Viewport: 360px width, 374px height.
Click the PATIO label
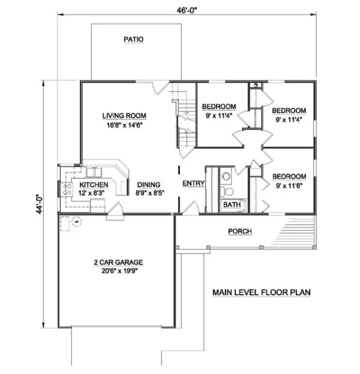tap(133, 39)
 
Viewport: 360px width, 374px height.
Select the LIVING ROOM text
tap(124, 116)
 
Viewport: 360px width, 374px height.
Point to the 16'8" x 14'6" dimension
tap(124, 126)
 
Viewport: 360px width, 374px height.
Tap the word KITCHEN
tap(94, 185)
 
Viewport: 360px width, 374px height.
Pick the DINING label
tap(148, 184)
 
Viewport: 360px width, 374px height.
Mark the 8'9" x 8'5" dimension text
tap(148, 193)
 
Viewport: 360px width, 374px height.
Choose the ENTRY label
tap(193, 184)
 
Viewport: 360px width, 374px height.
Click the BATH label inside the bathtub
tap(231, 205)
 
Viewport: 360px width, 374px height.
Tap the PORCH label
tap(240, 231)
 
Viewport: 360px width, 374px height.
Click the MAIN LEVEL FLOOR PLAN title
tap(262, 293)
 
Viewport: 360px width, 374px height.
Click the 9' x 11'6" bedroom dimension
tap(290, 185)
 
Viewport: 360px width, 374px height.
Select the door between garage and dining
tap(114, 210)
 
